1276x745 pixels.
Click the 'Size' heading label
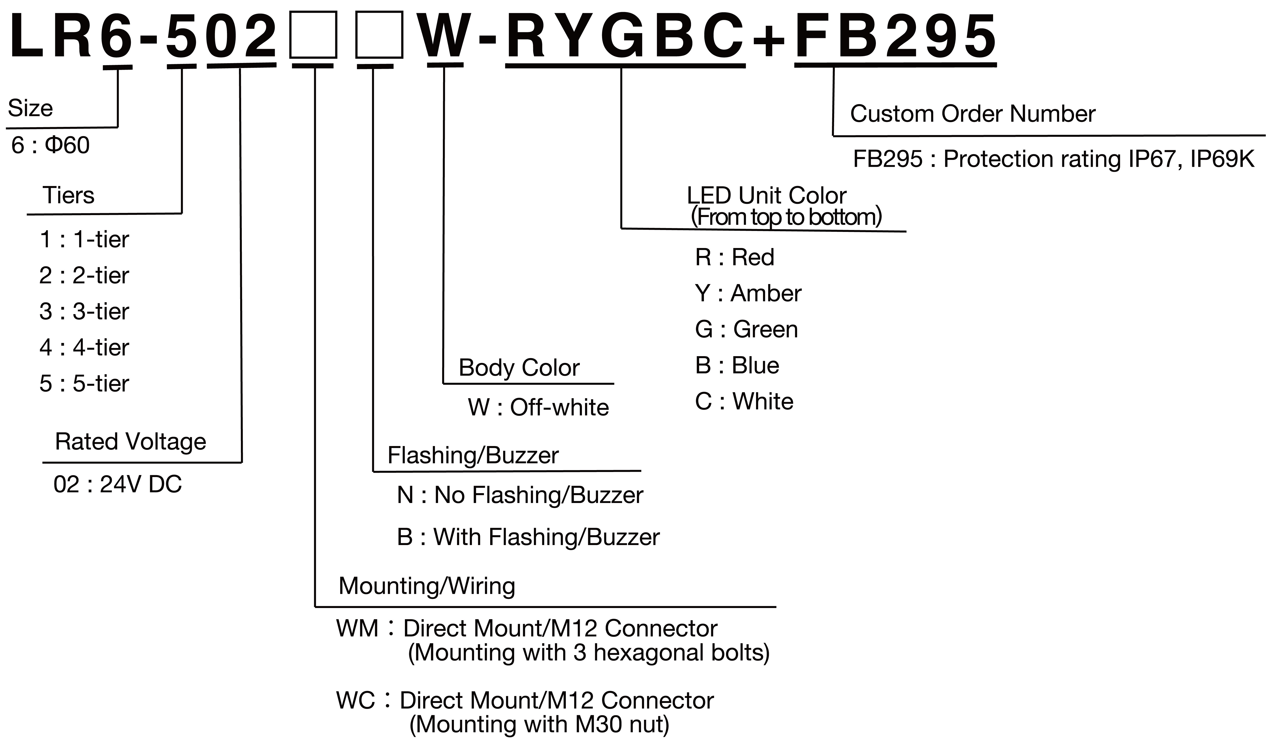(x=30, y=108)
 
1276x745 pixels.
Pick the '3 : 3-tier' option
(x=84, y=311)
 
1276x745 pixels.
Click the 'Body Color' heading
(x=519, y=368)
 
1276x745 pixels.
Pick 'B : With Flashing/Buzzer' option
(x=528, y=537)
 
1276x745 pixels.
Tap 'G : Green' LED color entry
(x=746, y=329)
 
